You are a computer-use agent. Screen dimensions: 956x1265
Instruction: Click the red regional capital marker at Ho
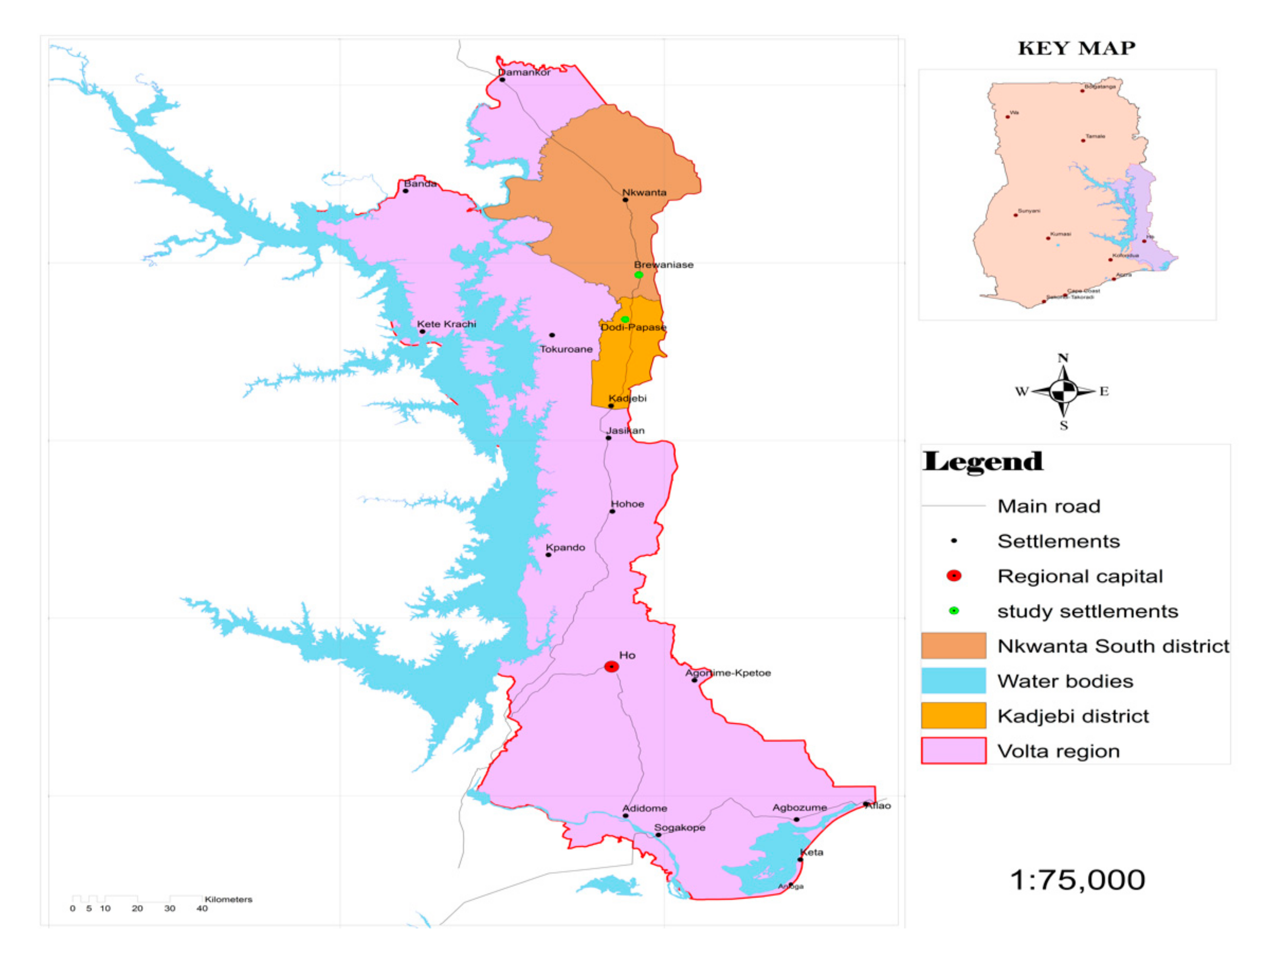click(611, 667)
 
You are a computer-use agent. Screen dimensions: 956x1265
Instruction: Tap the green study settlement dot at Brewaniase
click(639, 275)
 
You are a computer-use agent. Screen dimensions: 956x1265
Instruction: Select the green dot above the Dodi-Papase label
click(625, 320)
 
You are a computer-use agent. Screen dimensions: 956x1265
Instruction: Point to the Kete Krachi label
click(446, 324)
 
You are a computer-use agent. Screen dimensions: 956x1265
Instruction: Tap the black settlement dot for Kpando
click(548, 555)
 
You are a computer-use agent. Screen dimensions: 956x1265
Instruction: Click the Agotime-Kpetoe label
click(728, 673)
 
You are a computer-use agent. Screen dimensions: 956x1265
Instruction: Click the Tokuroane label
click(566, 349)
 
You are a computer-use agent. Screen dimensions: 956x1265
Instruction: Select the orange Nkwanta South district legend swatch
click(953, 646)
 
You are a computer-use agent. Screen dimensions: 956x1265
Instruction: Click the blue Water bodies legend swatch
click(953, 680)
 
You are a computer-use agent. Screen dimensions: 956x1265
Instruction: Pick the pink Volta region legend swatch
click(953, 751)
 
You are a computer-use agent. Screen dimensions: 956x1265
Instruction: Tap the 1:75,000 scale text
click(1077, 880)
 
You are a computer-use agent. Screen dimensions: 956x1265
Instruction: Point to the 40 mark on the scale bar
click(202, 909)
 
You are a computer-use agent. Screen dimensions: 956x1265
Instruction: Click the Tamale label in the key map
click(1095, 136)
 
